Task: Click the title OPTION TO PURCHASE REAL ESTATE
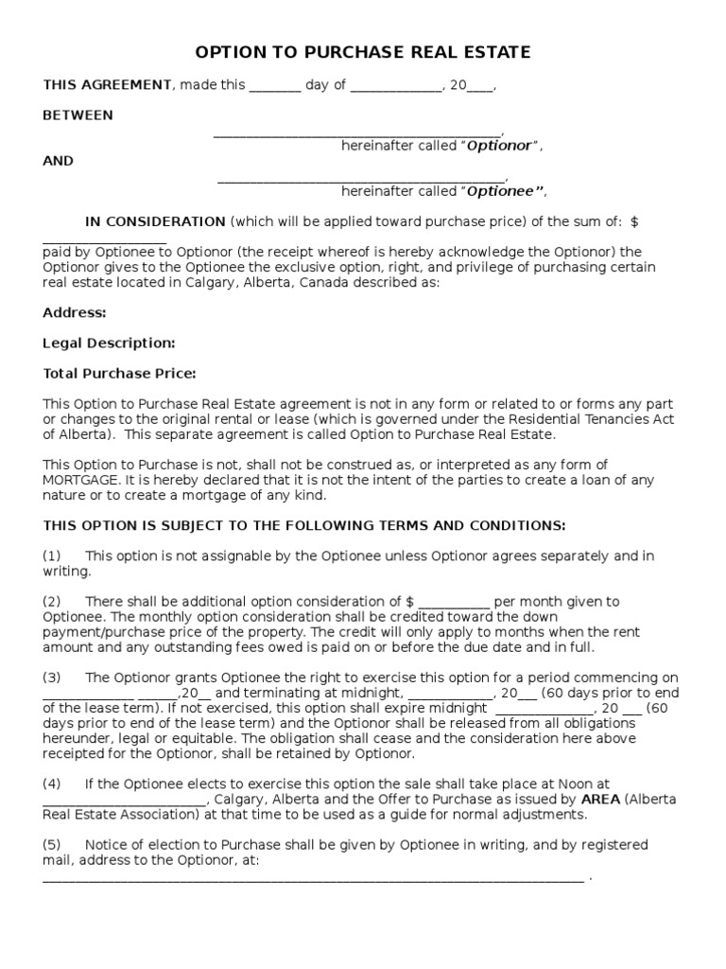click(363, 52)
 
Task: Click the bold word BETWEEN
click(78, 115)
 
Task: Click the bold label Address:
click(75, 312)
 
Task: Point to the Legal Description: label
click(109, 343)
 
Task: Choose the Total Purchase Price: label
click(119, 373)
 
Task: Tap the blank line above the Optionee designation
click(362, 178)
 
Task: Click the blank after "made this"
click(275, 87)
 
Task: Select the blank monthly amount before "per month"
click(454, 604)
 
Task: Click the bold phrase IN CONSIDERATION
click(155, 221)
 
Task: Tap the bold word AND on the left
click(58, 161)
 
